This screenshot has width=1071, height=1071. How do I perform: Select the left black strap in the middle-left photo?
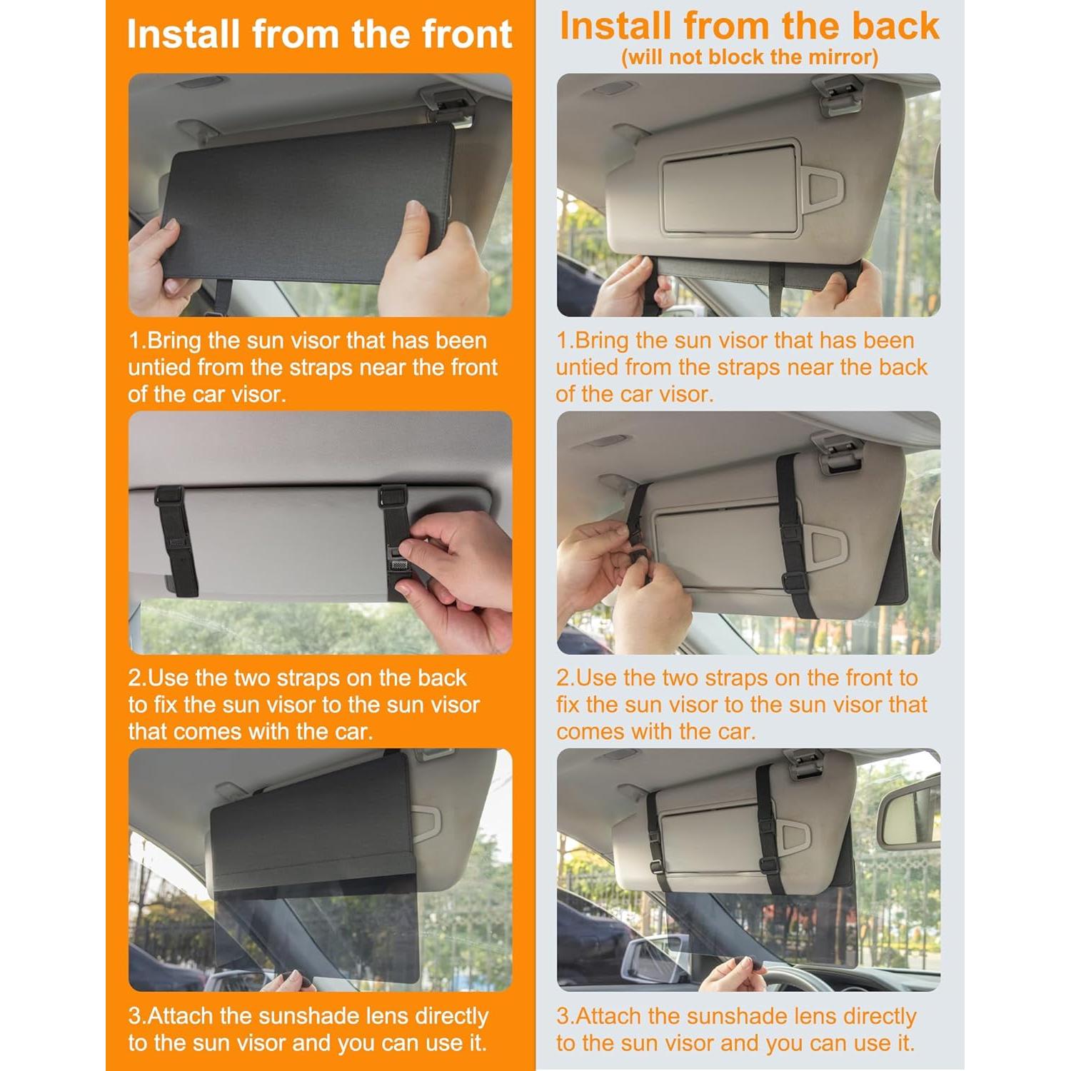click(174, 538)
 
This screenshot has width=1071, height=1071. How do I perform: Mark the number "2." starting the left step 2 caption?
click(138, 678)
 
